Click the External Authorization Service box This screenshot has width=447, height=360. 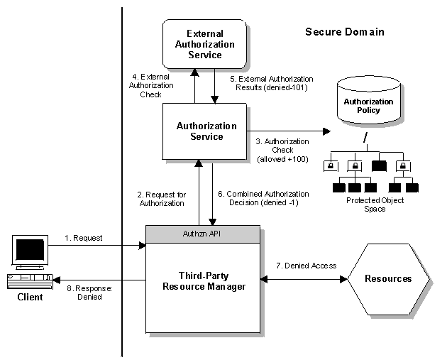coord(204,43)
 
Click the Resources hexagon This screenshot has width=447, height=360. coord(388,279)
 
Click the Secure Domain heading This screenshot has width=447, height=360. coord(344,32)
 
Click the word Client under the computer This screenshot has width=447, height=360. coord(30,298)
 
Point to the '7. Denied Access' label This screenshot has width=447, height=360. coord(306,266)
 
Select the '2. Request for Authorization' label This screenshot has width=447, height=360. coord(160,198)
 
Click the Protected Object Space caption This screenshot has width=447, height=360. coord(375,204)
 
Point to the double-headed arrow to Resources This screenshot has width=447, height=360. coord(303,279)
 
